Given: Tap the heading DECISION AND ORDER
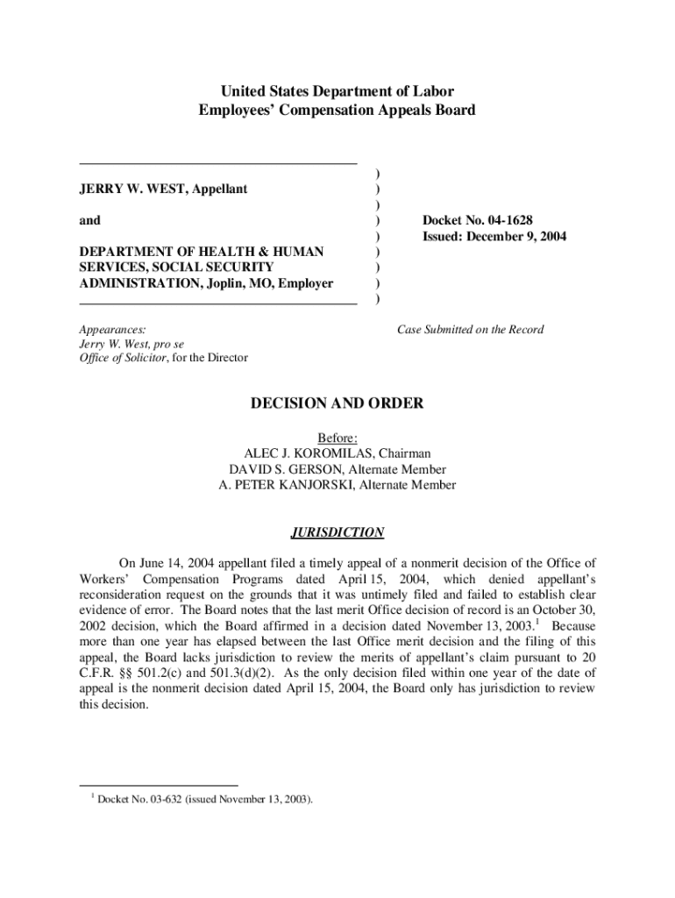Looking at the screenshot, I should tap(337, 404).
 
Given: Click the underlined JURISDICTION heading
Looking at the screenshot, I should tap(337, 532).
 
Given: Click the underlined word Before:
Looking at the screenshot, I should tap(337, 438).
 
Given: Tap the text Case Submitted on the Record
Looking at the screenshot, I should tap(470, 330).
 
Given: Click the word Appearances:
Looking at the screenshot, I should tap(113, 330).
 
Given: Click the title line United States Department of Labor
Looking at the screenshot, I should tap(337, 91).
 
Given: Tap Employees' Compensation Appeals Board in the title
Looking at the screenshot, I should tap(337, 110).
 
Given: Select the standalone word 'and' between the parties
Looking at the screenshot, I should tap(89, 220).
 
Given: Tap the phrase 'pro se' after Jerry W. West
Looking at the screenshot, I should tap(167, 344).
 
